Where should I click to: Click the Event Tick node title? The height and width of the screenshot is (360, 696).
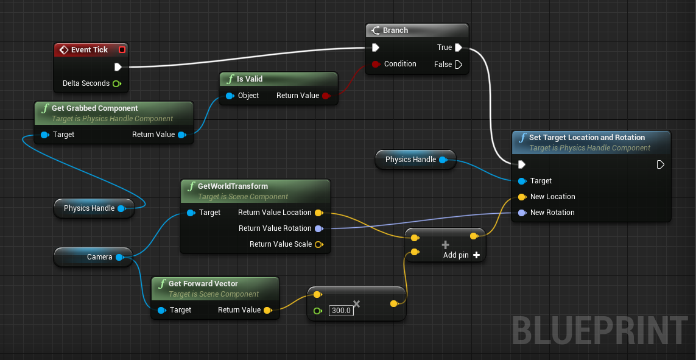coord(89,50)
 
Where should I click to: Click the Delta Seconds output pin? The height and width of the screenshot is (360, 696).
coord(116,83)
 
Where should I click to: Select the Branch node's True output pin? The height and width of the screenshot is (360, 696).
coord(458,48)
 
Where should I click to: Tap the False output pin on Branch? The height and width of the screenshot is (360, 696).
coord(458,64)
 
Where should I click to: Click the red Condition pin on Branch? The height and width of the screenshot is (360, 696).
coord(376,64)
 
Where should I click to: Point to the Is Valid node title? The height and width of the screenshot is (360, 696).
coord(250,79)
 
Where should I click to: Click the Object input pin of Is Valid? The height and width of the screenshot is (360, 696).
coord(230,96)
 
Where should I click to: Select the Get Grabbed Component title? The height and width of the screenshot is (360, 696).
coord(94,108)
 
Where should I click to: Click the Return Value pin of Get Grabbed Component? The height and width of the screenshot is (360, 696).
coord(181,135)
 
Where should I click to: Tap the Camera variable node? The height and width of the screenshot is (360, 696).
coord(99,257)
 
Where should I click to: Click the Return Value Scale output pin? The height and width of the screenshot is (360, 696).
coord(318,244)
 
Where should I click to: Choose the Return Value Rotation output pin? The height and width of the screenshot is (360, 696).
coord(318,228)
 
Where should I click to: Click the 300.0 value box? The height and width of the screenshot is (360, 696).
coord(340,311)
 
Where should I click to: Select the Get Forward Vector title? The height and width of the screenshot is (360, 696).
coord(203,284)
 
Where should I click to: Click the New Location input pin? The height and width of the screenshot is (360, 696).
coord(522,197)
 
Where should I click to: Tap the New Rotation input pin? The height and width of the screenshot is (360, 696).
coord(522,213)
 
